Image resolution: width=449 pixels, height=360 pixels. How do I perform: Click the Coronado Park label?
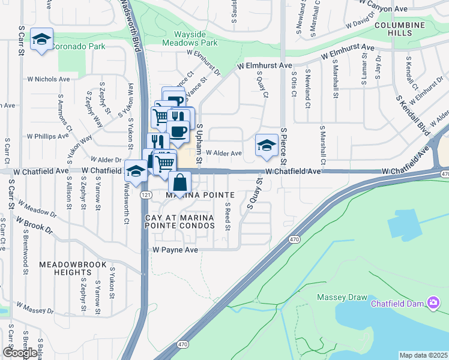[x=79, y=46]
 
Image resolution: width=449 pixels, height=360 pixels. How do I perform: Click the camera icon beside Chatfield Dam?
[x=433, y=303]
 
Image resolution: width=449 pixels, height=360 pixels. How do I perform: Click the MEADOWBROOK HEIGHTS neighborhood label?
[x=73, y=268]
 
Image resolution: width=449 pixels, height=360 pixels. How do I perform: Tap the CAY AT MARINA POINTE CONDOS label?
[x=179, y=221]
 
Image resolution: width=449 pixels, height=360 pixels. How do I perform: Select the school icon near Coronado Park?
[x=41, y=39]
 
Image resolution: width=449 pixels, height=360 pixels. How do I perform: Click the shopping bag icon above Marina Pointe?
[x=179, y=182]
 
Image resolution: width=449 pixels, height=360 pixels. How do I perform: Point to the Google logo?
[x=19, y=353]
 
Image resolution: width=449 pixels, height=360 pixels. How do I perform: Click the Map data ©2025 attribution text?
[x=423, y=355]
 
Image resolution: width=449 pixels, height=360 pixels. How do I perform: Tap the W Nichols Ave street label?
[x=49, y=79]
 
